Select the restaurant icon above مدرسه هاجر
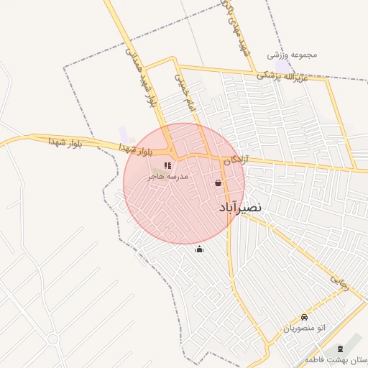click(167, 166)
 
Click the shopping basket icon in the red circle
click(218, 183)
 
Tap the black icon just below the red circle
click(199, 249)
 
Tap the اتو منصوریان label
click(304, 328)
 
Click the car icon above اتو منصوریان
click(305, 318)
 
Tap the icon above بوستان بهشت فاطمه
click(340, 349)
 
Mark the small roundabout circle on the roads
click(52, 339)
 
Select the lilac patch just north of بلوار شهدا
click(124, 134)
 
